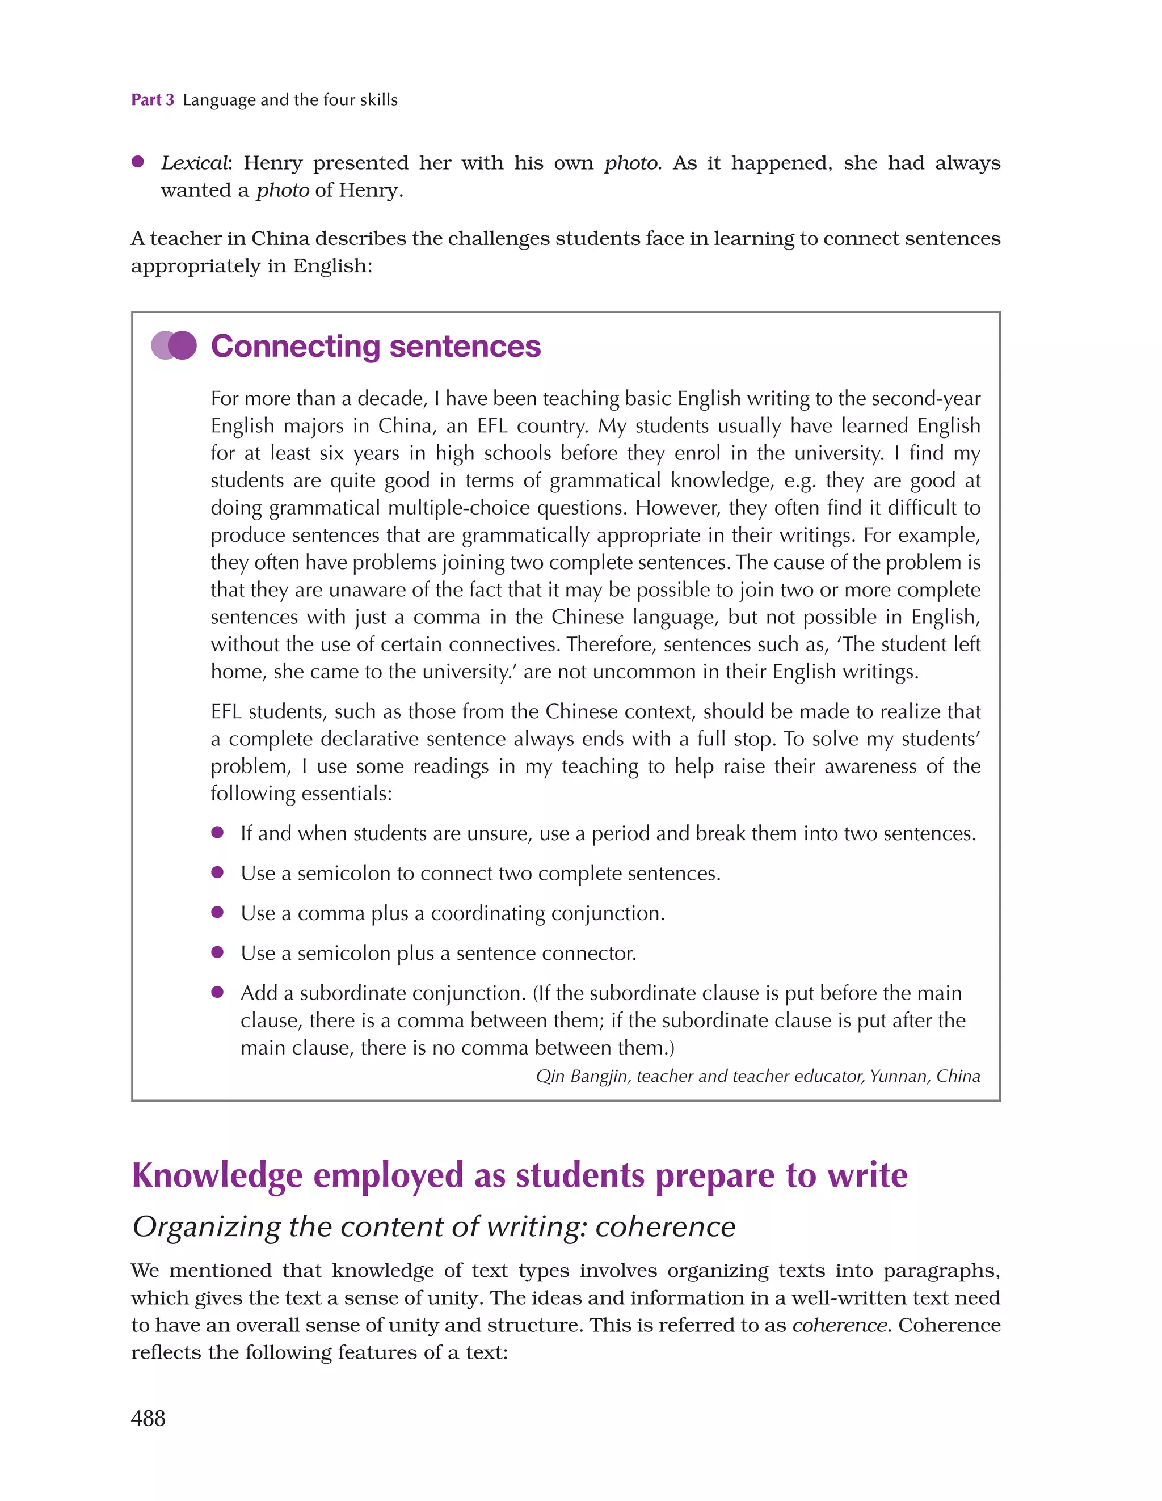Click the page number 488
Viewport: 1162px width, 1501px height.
(x=148, y=1418)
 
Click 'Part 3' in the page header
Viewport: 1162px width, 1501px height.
(x=153, y=100)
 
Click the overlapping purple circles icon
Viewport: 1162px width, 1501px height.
(x=174, y=345)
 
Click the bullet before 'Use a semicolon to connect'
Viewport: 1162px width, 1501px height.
(x=217, y=872)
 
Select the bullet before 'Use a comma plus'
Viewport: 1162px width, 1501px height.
(x=217, y=912)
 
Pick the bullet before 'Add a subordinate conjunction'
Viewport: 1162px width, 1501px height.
(x=217, y=992)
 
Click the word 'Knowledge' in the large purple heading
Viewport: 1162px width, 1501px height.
(x=217, y=1175)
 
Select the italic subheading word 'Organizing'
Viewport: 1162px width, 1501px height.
(x=207, y=1227)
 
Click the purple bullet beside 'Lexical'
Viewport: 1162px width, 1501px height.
(x=137, y=162)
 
